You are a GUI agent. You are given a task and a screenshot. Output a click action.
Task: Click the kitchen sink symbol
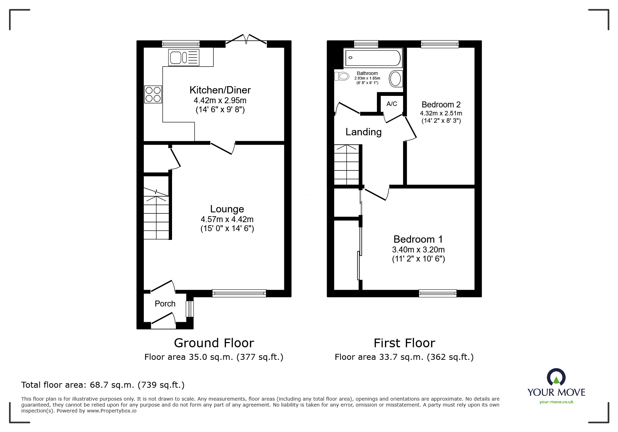coord(184,58)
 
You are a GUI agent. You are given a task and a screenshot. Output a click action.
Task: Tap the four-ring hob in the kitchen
coord(153,94)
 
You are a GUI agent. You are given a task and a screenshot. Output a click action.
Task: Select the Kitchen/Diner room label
coord(220,90)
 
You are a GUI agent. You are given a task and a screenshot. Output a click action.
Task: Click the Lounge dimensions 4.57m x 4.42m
coord(227,219)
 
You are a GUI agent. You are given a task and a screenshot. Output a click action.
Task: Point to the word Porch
coord(165,304)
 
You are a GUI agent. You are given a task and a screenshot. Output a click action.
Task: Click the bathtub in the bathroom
coord(373,58)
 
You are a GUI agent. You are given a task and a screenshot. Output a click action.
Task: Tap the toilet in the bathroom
coord(342,76)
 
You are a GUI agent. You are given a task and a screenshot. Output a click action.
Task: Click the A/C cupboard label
coord(392,104)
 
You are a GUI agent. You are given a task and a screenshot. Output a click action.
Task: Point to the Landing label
coord(363,132)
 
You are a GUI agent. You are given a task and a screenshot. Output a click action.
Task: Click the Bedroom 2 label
coord(441,105)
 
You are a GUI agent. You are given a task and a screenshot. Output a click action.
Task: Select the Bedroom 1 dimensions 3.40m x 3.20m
coord(418,250)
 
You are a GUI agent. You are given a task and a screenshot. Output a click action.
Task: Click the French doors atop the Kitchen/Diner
coord(246,40)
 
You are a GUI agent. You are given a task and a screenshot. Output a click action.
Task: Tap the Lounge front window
coord(239,293)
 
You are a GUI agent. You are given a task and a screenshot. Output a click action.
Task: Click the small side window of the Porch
coord(189,309)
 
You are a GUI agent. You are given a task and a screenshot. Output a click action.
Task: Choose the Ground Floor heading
coord(214,343)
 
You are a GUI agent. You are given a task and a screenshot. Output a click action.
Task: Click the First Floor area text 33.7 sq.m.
coord(404,357)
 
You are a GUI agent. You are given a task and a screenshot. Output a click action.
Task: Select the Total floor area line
coord(103,385)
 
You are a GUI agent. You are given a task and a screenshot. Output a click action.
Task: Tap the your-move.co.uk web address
coord(556,402)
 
